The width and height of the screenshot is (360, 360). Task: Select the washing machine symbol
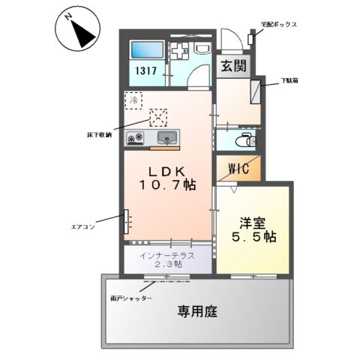pos(182,52)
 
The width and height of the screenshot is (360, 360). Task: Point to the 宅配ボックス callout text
pos(279,25)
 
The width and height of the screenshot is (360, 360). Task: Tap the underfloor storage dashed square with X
pos(159,117)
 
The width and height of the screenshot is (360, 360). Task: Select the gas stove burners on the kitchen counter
pos(138,138)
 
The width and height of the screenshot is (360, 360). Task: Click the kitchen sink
pos(167,138)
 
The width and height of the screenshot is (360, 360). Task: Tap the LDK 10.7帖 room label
pos(166,177)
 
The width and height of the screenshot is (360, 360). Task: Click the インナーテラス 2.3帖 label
pos(167,259)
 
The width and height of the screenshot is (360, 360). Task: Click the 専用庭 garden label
pos(197,311)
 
